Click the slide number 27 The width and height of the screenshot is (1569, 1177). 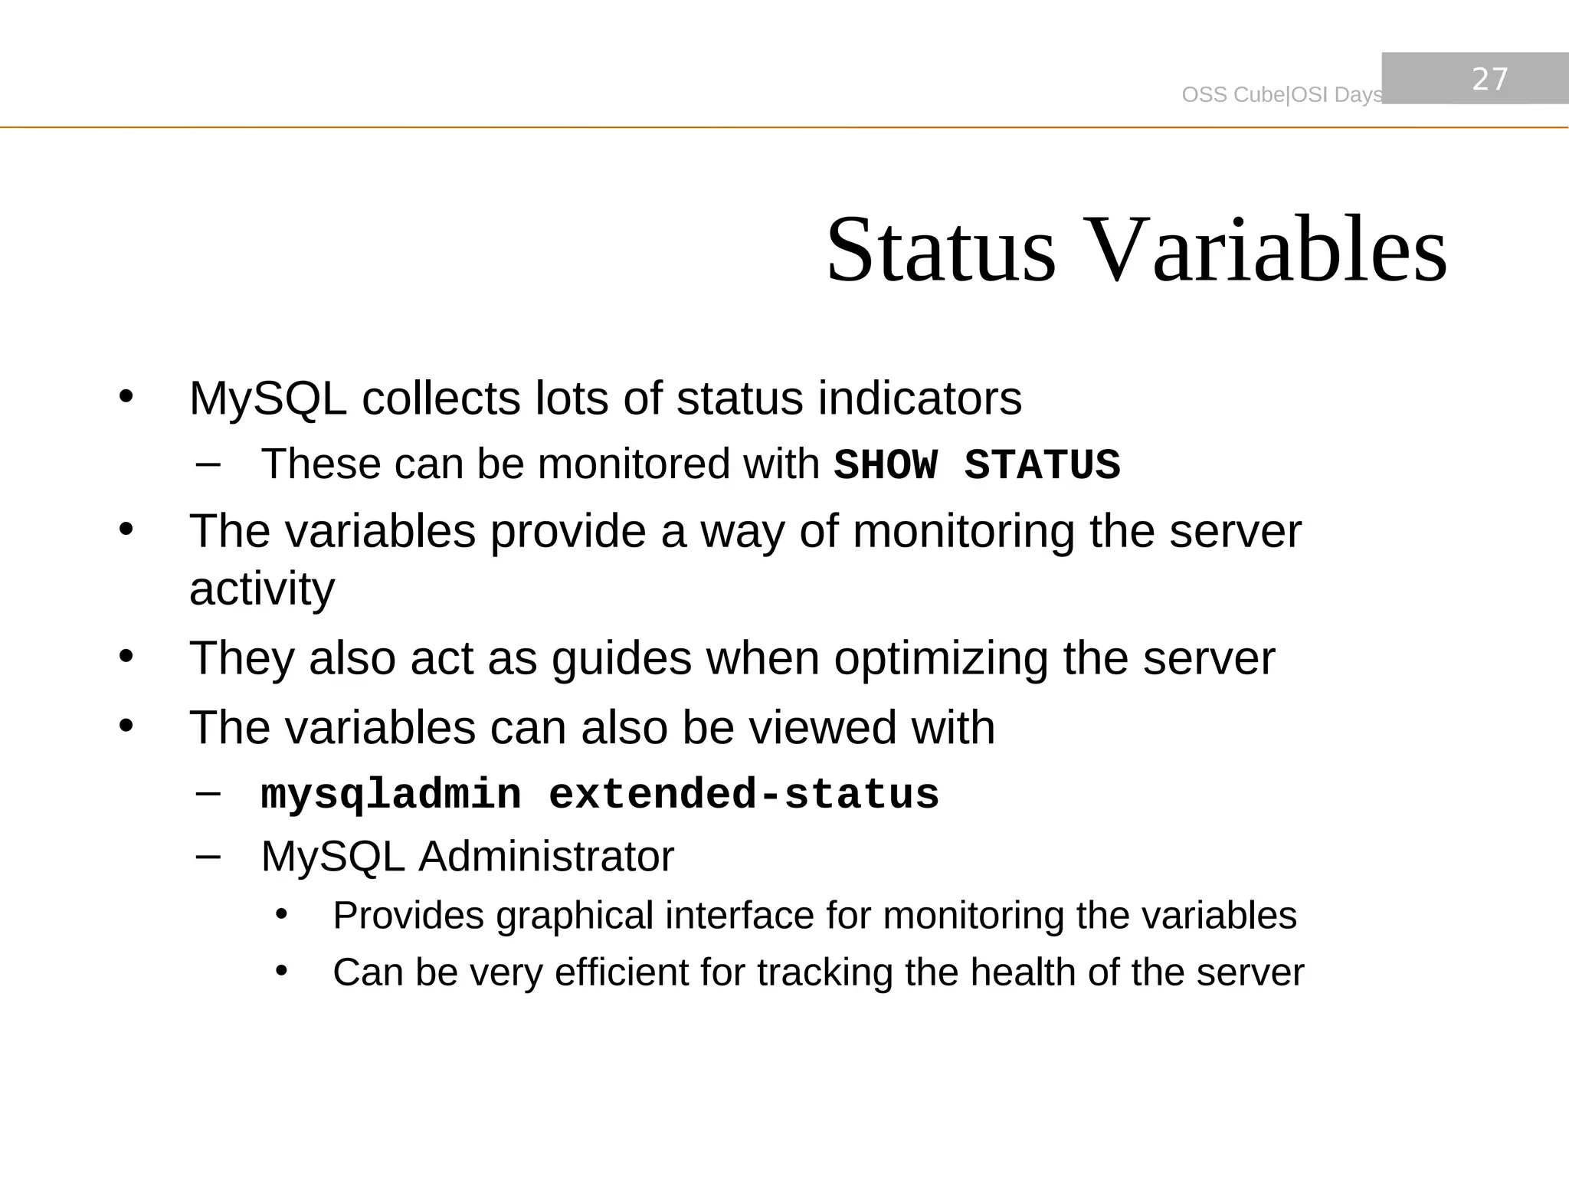click(x=1490, y=80)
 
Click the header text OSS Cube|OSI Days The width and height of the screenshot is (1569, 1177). click(x=1282, y=95)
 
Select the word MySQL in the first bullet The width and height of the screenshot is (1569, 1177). click(x=267, y=399)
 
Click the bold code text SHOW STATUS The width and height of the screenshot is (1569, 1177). click(x=977, y=465)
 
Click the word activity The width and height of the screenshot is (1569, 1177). click(x=262, y=589)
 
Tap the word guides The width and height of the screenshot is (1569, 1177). click(x=621, y=659)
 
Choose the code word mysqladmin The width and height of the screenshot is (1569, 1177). click(x=391, y=795)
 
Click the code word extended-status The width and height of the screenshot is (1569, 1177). click(x=744, y=795)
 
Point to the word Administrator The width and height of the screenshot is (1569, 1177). click(x=545, y=857)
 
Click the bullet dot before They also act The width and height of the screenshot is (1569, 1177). click(x=126, y=657)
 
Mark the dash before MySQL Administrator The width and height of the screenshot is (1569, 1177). click(x=208, y=855)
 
